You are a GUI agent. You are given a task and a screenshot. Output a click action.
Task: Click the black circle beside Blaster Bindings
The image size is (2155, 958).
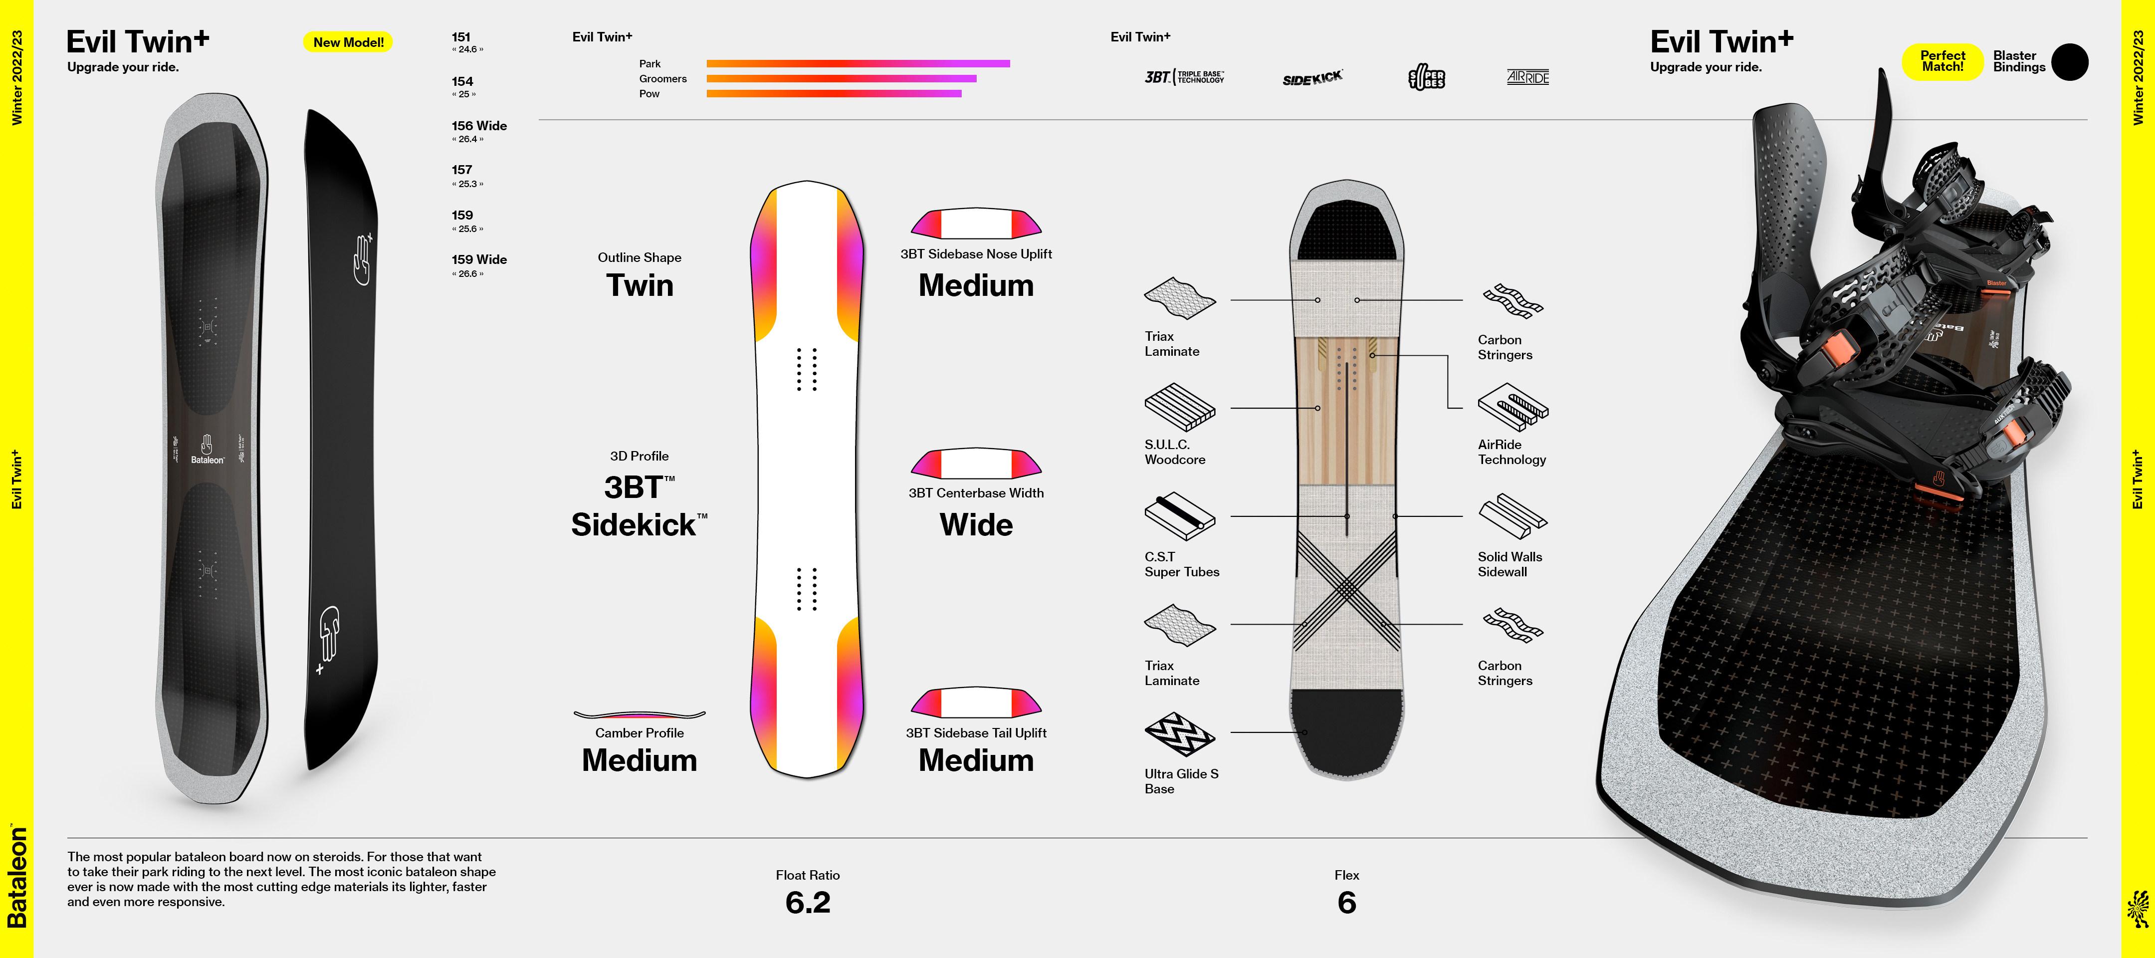2070,62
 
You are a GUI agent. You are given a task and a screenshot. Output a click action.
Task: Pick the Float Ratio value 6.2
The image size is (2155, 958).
807,902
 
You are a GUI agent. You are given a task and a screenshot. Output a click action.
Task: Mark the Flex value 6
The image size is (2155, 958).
1346,902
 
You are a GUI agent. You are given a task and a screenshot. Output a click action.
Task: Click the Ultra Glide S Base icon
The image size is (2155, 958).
1180,734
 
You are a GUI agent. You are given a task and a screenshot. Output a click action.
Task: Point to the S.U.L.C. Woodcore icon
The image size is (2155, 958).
1180,408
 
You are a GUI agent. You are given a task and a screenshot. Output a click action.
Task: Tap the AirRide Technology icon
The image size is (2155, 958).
1512,408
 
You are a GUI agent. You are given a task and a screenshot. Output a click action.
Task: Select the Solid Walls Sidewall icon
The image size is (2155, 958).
1512,516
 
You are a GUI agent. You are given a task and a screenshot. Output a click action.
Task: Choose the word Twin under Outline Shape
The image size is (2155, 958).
639,285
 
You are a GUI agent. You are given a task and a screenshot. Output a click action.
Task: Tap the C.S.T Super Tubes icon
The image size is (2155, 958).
1180,516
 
